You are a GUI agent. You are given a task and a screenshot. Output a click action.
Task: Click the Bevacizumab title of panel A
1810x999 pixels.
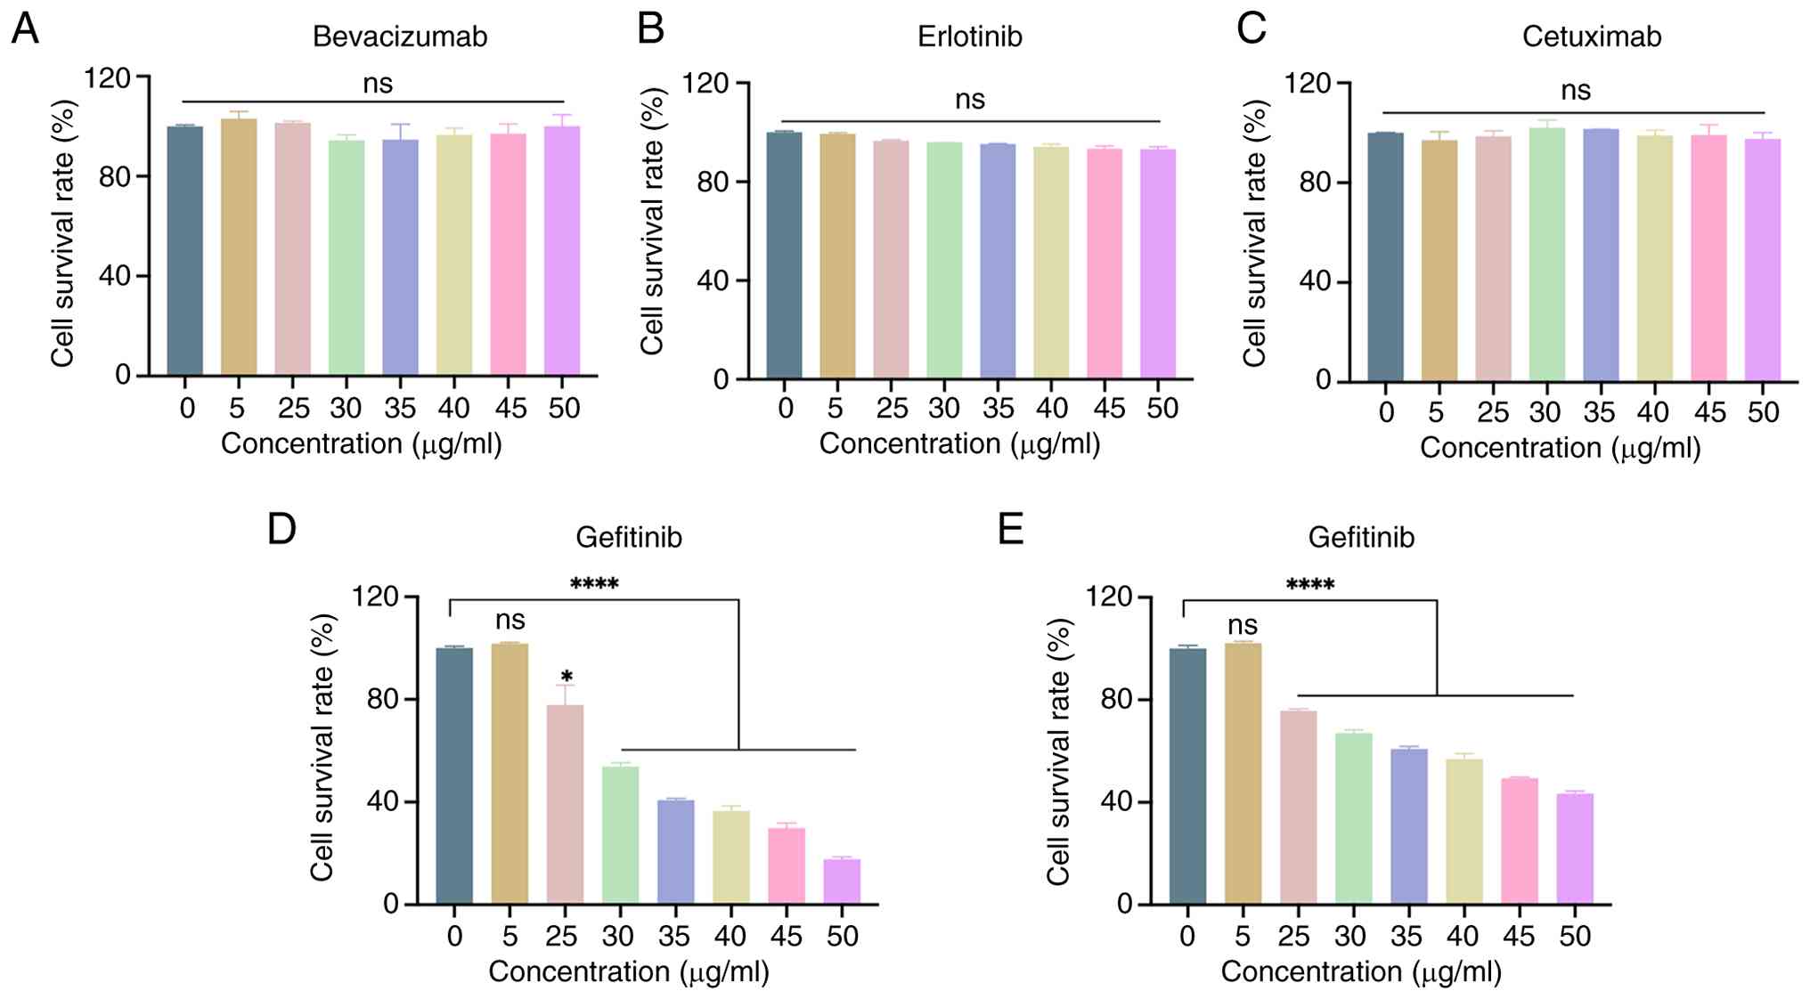[x=400, y=37]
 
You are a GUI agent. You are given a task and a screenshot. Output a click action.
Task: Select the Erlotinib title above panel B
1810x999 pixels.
[x=970, y=37]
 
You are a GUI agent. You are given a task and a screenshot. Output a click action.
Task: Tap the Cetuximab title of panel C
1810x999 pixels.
[x=1592, y=37]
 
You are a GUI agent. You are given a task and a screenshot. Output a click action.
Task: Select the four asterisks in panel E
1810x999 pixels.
[x=1310, y=585]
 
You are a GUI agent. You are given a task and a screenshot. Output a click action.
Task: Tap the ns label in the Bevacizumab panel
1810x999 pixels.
[x=378, y=84]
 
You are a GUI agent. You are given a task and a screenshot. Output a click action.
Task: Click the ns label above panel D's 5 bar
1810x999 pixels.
[x=510, y=620]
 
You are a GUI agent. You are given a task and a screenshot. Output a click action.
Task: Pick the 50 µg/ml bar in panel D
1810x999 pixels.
[x=843, y=881]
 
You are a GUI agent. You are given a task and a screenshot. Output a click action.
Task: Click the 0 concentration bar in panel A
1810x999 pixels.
[x=185, y=250]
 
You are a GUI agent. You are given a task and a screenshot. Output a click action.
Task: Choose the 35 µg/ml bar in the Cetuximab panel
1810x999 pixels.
[x=1601, y=255]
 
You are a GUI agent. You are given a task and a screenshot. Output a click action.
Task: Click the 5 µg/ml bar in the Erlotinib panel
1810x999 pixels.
[x=837, y=256]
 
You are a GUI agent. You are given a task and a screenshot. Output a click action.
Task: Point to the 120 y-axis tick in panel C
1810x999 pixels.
[x=1308, y=84]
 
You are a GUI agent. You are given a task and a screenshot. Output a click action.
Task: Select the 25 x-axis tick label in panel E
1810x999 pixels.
[x=1295, y=936]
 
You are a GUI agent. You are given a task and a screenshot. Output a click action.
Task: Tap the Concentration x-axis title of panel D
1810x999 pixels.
[x=629, y=971]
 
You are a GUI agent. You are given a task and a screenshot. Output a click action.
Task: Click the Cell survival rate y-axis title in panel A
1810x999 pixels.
[x=62, y=233]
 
